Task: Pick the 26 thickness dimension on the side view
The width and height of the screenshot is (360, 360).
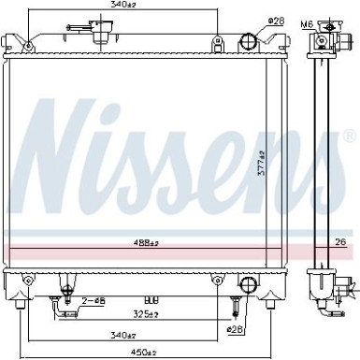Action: click(x=339, y=245)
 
